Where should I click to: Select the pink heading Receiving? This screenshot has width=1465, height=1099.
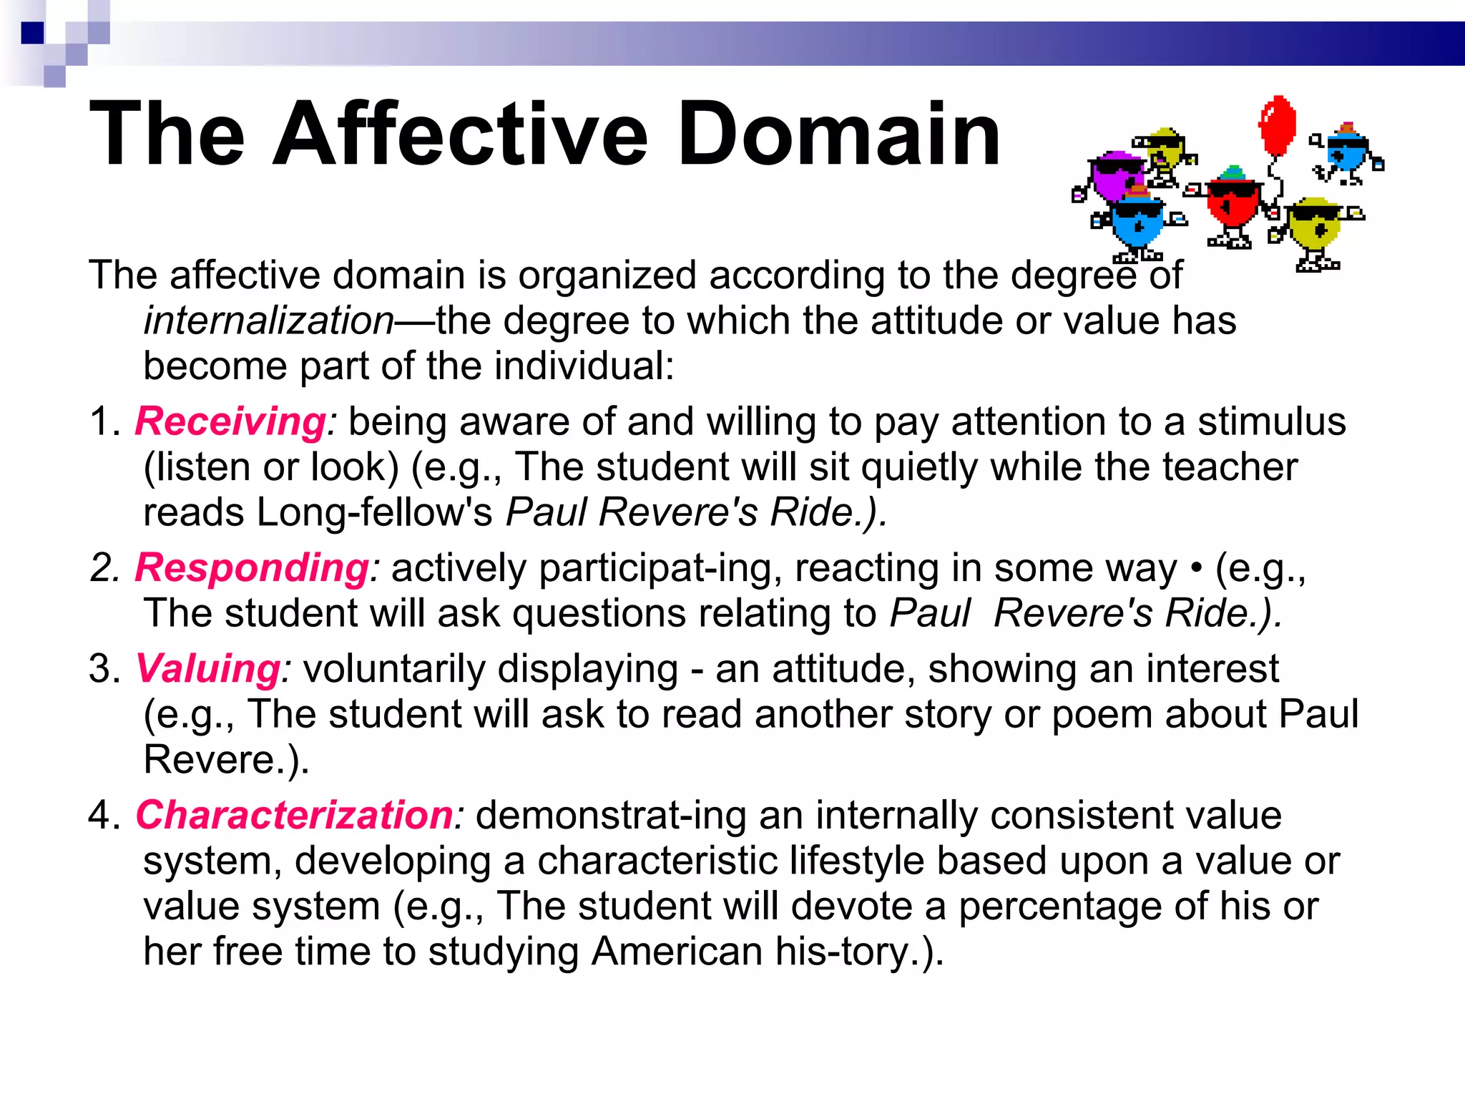coord(230,421)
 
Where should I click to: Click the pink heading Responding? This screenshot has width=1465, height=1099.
coord(252,568)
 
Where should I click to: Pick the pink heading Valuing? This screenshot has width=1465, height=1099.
coord(208,669)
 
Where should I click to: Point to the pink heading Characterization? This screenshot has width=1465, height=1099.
coord(295,816)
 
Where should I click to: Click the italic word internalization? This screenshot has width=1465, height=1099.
coord(269,321)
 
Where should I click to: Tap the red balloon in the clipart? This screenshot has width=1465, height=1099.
coord(1277,125)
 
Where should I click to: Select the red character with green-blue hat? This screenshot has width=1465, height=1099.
coord(1232,204)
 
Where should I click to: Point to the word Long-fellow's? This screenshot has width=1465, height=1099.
coord(374,512)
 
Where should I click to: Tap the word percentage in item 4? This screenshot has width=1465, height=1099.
coord(1059,907)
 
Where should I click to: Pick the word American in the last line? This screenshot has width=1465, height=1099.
coord(677,952)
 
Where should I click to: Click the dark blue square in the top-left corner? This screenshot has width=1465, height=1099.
coord(32,33)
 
